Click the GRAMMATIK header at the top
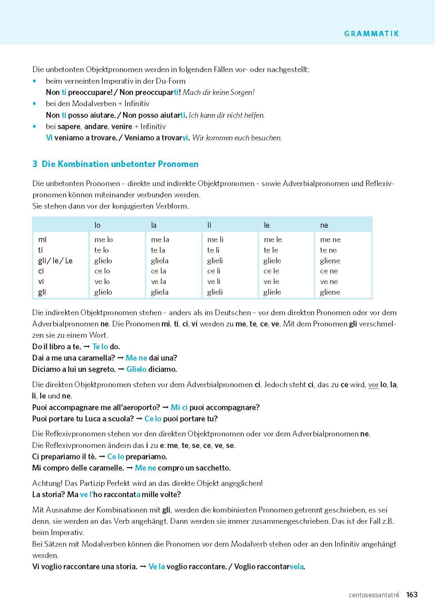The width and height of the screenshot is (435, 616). point(371,33)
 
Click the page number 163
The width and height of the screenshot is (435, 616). point(412,594)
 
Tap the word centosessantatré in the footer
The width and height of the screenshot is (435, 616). point(374,595)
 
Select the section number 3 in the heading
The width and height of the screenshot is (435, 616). point(34,164)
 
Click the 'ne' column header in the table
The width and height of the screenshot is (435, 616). point(324,225)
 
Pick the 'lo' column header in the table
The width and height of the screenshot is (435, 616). point(97,225)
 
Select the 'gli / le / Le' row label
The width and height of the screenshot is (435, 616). point(55,261)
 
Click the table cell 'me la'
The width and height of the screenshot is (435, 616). point(160,240)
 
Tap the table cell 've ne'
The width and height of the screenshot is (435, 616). point(329,282)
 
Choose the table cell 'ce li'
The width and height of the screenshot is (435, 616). point(214,271)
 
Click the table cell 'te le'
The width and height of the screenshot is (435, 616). point(271,250)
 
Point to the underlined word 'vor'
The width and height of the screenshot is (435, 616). point(373,385)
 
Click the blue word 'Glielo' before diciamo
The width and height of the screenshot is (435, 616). point(136,369)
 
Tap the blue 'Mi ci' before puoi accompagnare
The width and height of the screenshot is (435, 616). point(179,407)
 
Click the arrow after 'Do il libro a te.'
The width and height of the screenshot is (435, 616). point(87,347)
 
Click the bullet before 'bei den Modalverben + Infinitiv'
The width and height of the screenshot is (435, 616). point(34,103)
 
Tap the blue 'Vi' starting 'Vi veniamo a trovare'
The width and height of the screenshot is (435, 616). point(49,138)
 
